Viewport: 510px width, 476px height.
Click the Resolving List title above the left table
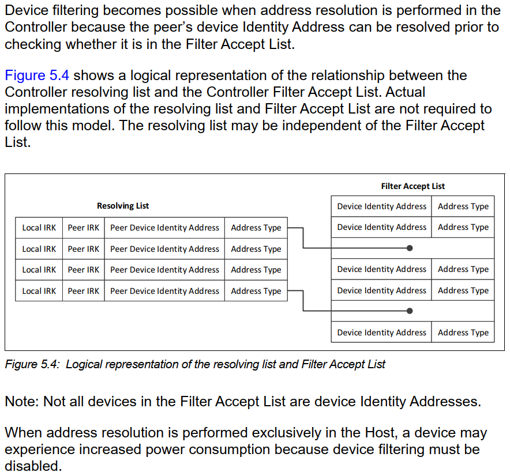coord(123,206)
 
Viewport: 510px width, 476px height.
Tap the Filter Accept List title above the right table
coord(412,186)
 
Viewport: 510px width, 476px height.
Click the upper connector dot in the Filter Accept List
coord(410,248)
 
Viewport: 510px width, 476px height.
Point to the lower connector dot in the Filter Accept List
coord(410,311)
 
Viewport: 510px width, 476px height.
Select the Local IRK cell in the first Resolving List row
coord(39,228)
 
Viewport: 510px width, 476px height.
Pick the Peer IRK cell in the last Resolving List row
coord(83,291)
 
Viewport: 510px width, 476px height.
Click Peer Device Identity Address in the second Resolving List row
coord(164,249)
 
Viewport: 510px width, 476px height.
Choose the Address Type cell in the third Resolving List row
coord(256,270)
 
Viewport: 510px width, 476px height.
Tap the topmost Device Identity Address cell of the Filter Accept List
coord(381,206)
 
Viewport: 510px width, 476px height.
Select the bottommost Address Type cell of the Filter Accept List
coord(463,333)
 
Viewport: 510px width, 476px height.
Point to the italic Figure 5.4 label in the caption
coord(31,364)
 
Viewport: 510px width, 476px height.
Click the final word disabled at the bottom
coord(32,466)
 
